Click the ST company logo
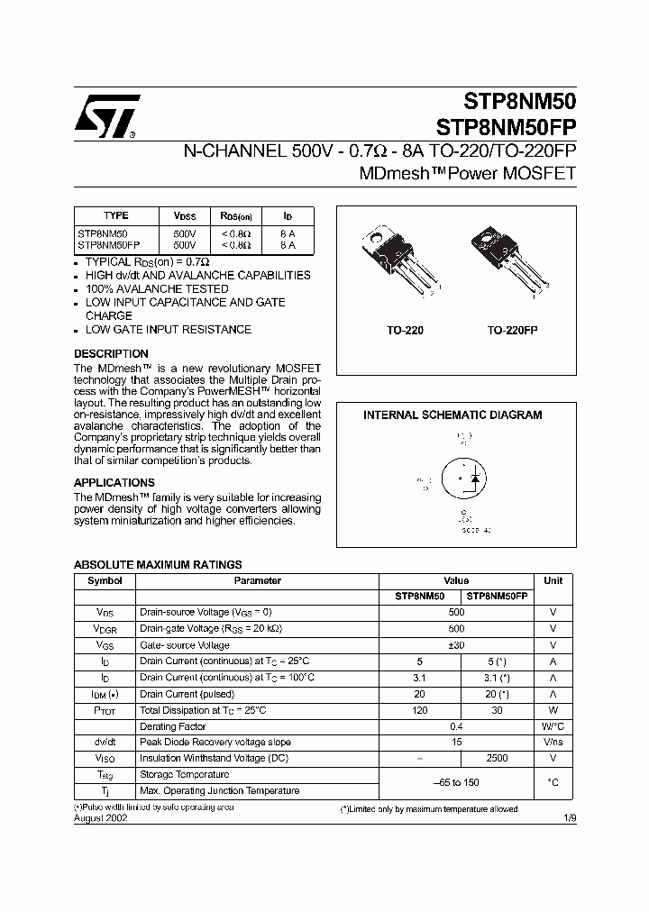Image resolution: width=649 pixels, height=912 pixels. pyautogui.click(x=106, y=116)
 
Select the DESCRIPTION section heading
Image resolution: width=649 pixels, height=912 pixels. pyautogui.click(x=111, y=354)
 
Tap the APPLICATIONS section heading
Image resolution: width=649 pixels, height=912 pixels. pyautogui.click(x=114, y=483)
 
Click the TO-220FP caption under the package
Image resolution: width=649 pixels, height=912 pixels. pyautogui.click(x=512, y=332)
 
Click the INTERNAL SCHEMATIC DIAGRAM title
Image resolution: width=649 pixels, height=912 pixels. pyautogui.click(x=452, y=415)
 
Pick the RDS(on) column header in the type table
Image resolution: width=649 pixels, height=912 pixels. pyautogui.click(x=236, y=216)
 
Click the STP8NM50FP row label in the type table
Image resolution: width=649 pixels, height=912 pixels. pyautogui.click(x=108, y=244)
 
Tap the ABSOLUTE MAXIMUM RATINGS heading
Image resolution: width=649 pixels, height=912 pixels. pyautogui.click(x=157, y=565)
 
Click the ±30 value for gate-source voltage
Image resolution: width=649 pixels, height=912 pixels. pyautogui.click(x=456, y=645)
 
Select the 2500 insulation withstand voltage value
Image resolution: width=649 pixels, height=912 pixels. pyautogui.click(x=497, y=759)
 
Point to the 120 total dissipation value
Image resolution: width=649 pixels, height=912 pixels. pyautogui.click(x=420, y=710)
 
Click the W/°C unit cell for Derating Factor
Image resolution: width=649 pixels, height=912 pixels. pyautogui.click(x=553, y=726)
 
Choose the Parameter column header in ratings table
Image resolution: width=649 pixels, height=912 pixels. pyautogui.click(x=257, y=581)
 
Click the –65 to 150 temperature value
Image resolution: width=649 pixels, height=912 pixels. pyautogui.click(x=456, y=782)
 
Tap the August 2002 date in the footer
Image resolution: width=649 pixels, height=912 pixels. pyautogui.click(x=100, y=820)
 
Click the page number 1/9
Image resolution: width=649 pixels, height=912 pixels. pyautogui.click(x=569, y=820)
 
